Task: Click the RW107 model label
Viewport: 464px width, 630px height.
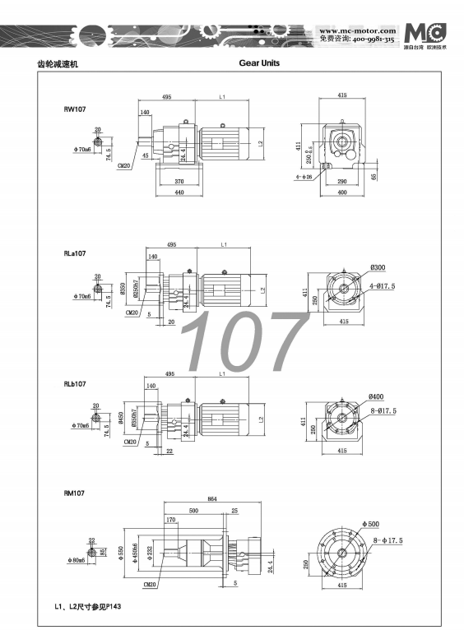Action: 76,109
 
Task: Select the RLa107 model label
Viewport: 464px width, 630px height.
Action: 77,254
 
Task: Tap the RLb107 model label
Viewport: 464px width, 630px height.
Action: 77,384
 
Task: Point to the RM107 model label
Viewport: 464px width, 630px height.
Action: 76,493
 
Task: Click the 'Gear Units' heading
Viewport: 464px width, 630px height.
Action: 259,62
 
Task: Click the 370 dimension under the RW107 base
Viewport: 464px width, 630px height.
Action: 179,181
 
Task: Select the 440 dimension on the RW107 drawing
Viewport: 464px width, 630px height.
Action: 179,193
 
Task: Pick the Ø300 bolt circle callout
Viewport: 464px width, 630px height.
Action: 379,267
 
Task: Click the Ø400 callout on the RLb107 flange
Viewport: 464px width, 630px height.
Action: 379,397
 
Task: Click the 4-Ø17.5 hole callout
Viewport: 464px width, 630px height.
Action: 383,285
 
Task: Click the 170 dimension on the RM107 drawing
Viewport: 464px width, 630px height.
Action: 170,520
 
